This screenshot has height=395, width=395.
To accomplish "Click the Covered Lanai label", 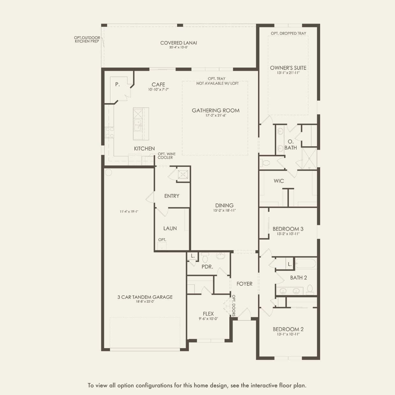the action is (178, 43).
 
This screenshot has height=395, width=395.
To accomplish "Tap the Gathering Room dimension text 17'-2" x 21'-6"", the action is (216, 115).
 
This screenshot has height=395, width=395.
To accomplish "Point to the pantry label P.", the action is (117, 84).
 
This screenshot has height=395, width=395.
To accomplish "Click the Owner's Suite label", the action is (288, 68).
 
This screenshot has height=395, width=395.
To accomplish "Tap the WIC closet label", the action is (279, 181).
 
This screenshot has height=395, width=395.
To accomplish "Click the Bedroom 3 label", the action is (288, 229).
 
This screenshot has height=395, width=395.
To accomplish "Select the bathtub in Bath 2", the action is (306, 263).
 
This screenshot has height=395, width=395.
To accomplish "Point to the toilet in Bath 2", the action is (310, 290).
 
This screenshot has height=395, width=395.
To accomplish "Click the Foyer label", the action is (244, 284).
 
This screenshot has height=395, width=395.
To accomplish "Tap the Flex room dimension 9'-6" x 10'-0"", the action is (208, 319).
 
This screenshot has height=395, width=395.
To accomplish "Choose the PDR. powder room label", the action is (207, 267).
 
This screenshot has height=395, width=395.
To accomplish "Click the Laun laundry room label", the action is (170, 228).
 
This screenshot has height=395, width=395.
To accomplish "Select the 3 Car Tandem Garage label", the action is (145, 297).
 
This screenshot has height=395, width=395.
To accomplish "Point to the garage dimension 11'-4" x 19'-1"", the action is (129, 212).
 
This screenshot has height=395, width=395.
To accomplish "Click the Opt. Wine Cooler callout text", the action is (167, 155).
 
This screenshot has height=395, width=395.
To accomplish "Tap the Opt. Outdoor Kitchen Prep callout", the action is (87, 39).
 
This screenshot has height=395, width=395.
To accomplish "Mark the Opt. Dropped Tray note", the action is (288, 33).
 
